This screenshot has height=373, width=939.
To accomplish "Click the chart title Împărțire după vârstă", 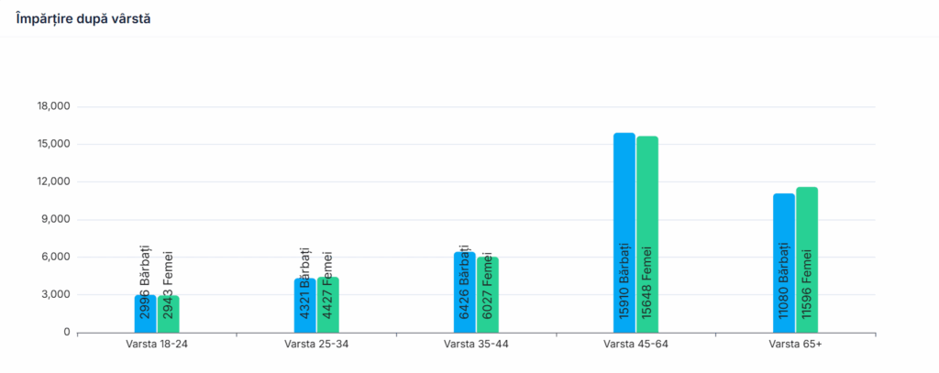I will pos(83,19).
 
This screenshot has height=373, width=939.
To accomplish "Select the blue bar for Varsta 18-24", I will pos(145,313).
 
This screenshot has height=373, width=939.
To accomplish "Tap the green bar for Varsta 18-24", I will pos(168,313).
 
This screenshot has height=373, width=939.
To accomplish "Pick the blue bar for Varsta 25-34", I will pos(304,305).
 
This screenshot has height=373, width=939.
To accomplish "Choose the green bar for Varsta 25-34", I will pos(327,304).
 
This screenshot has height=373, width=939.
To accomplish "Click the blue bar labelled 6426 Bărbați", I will pos(464,292).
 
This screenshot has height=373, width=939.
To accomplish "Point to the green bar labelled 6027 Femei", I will pos(487,294).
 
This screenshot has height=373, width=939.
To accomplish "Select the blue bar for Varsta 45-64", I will pos(624,233).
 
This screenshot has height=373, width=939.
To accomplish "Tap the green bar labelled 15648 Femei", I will pos(646,235).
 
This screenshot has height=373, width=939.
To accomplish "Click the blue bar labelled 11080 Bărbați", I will pos(783,263).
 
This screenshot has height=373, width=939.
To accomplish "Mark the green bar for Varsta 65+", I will pos(806,259).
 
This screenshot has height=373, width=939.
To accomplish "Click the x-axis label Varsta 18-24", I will pos(157,345).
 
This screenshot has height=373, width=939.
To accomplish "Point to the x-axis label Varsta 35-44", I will pos(476,345).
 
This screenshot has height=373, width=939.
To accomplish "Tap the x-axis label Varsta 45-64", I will pos(635,345).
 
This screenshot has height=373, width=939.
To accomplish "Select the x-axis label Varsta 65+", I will pos(795,345).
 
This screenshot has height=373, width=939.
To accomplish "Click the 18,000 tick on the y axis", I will pos(51,107).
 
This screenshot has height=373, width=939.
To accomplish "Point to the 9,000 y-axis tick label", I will pos(54,220).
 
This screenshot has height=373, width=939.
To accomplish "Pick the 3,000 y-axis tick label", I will pos(54,295).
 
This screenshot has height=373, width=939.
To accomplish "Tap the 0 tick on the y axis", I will pos(66,333).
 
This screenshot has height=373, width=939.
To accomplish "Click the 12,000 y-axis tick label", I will pos(51,182).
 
